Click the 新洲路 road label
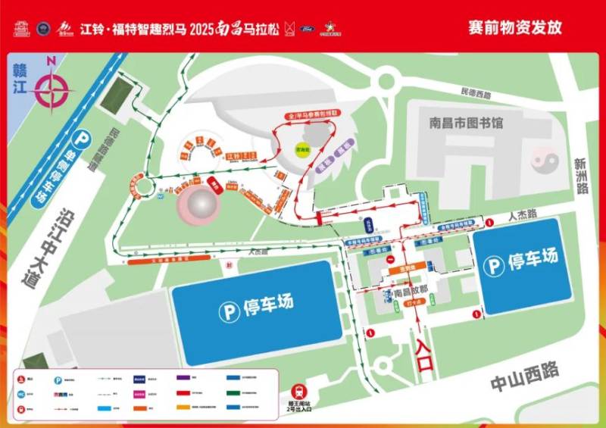(581, 176)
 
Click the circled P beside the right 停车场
(495, 265)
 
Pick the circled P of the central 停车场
(227, 310)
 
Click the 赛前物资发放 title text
(515, 28)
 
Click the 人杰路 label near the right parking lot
(522, 216)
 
